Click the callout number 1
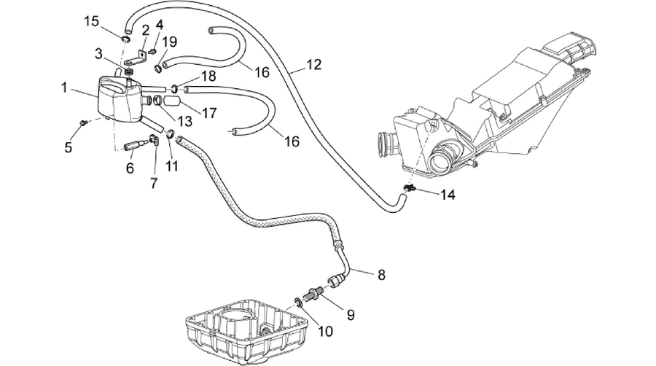(x=64, y=87)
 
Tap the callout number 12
(x=313, y=65)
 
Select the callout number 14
(x=448, y=195)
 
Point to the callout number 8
(x=381, y=275)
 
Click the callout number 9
(x=351, y=315)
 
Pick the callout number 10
(x=325, y=332)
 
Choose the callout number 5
(x=69, y=147)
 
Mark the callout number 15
(x=92, y=21)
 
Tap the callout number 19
(x=169, y=42)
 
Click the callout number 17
(x=209, y=113)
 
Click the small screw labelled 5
(x=84, y=122)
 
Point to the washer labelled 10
(x=298, y=302)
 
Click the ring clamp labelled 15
(x=125, y=39)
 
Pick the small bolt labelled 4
(x=153, y=52)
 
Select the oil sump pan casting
(x=247, y=330)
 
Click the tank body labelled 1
(x=120, y=99)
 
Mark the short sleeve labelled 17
(x=171, y=101)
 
